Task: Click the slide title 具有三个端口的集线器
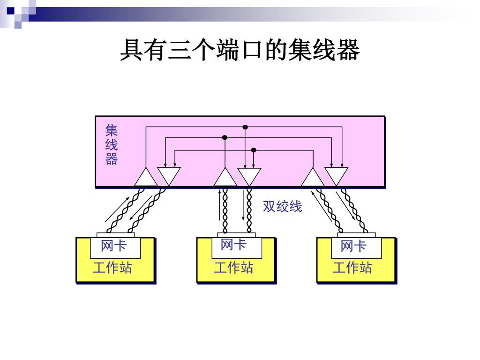pos(240,51)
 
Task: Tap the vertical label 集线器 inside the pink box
pos(112,145)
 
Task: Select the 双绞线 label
pos(282,206)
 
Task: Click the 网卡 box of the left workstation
pos(114,246)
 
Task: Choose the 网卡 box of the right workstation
pos(353,246)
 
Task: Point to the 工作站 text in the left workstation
pos(112,268)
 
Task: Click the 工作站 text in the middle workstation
pos(233,268)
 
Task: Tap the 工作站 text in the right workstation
pos(352,268)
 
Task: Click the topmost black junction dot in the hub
pos(245,127)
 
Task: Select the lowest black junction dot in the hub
pos(254,150)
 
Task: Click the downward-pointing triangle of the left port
pos(169,175)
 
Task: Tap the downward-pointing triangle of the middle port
pos(249,175)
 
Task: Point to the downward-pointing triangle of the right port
pos(337,175)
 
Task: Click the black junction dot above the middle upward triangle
pos(225,138)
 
